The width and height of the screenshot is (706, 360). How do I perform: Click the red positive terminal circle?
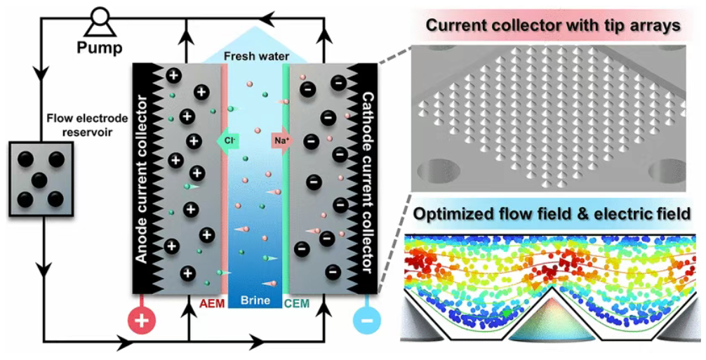[x=142, y=321]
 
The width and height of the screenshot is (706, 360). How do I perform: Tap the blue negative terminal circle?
[x=366, y=321]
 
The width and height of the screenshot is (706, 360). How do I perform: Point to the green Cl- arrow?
[x=228, y=140]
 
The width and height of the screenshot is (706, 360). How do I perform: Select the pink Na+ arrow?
[x=281, y=140]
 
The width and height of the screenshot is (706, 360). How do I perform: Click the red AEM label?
[x=211, y=304]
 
